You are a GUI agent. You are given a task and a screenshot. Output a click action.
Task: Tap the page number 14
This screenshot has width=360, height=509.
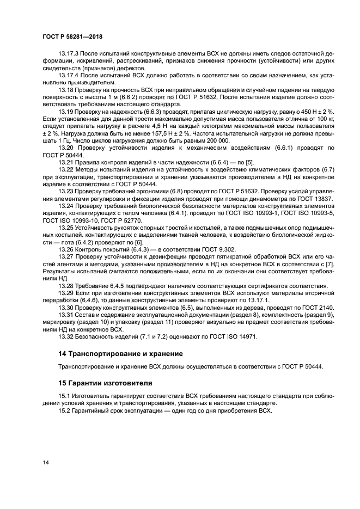pos(46,463)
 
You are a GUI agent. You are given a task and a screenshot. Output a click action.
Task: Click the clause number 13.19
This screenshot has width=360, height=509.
pos(65,111)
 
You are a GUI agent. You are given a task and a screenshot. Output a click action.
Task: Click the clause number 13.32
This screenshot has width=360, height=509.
pos(65,336)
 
